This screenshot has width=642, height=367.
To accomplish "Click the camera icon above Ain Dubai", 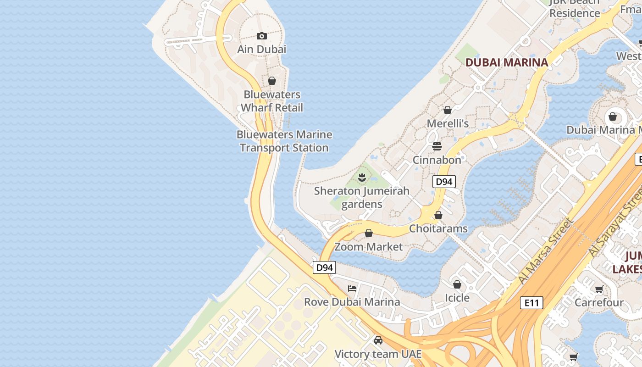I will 262,36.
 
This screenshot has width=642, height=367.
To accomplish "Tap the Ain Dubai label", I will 262,49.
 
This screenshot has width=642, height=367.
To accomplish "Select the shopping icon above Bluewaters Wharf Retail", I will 272,81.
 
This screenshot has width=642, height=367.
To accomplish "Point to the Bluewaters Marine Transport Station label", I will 284,141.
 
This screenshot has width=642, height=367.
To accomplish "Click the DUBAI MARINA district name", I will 507,62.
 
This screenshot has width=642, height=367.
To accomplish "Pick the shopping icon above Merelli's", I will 448,110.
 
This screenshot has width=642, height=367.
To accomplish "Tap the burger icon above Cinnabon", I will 437,146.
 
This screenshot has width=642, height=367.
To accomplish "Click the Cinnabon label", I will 437,160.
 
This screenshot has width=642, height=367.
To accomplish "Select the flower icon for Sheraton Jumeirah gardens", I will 362,177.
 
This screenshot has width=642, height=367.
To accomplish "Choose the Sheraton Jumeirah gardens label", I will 362,197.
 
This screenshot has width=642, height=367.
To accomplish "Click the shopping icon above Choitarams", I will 438,215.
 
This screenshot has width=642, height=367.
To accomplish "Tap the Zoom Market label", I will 369,247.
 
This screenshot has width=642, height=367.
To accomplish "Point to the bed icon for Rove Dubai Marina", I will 352,288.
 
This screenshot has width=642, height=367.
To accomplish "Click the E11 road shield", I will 532,303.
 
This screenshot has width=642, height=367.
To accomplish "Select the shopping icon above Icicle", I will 457,284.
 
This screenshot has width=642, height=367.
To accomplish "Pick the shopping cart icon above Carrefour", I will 599,289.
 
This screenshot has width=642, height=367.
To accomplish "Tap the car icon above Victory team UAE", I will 378,340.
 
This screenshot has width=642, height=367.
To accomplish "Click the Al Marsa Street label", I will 546,251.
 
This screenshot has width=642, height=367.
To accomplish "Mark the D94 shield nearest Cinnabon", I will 444,182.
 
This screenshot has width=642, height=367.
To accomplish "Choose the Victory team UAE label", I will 378,354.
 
